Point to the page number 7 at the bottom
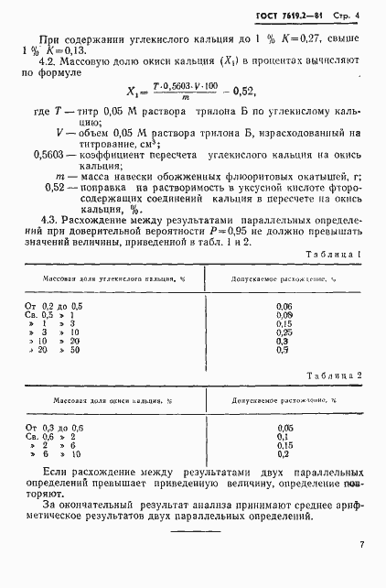(362, 546)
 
